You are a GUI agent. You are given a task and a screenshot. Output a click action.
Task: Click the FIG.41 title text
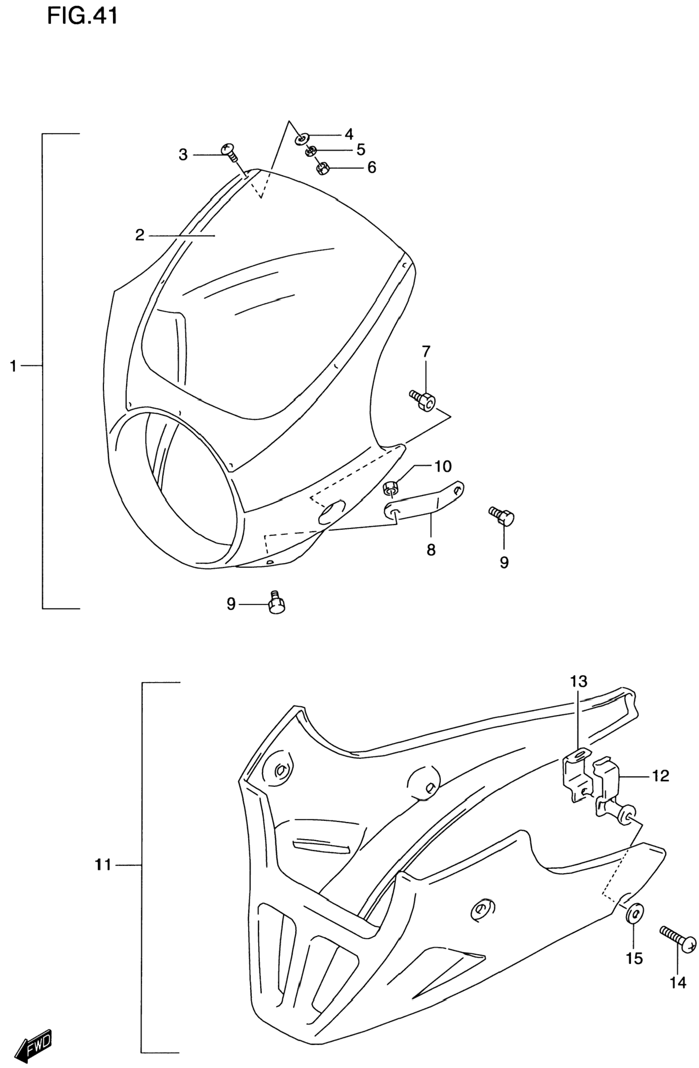[x=83, y=16]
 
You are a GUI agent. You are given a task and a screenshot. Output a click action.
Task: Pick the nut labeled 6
[x=321, y=168]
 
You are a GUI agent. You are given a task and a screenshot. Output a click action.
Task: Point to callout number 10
[x=443, y=466]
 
